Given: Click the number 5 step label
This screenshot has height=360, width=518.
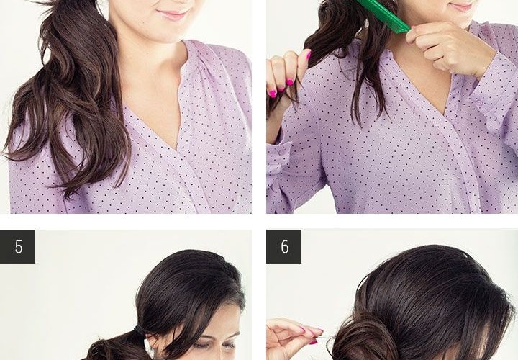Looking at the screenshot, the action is point(19,247).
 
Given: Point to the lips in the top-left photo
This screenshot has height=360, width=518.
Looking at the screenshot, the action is point(172,15).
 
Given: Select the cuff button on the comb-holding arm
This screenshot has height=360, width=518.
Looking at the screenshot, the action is point(479,103).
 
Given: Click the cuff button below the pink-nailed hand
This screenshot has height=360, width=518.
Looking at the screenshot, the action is point(281,153).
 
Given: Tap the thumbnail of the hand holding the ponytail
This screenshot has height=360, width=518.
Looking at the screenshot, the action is point(309,55).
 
